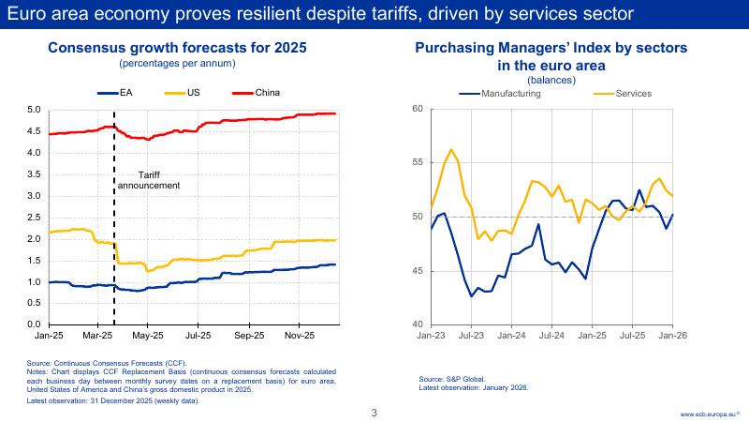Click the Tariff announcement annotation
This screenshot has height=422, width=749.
tap(148, 181)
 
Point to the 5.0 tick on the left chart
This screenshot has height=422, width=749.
tap(33, 110)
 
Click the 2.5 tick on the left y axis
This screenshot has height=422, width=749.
tap(33, 218)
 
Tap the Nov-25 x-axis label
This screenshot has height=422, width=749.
tap(298, 334)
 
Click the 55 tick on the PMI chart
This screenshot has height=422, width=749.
tap(418, 163)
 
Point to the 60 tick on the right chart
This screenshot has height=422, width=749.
tap(418, 110)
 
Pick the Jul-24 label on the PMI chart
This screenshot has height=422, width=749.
tap(551, 334)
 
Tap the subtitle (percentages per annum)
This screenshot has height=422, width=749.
tap(177, 63)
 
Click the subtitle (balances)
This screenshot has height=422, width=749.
tap(551, 80)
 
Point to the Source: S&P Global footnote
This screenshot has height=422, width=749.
tap(452, 380)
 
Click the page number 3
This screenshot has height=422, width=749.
tap(374, 412)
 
